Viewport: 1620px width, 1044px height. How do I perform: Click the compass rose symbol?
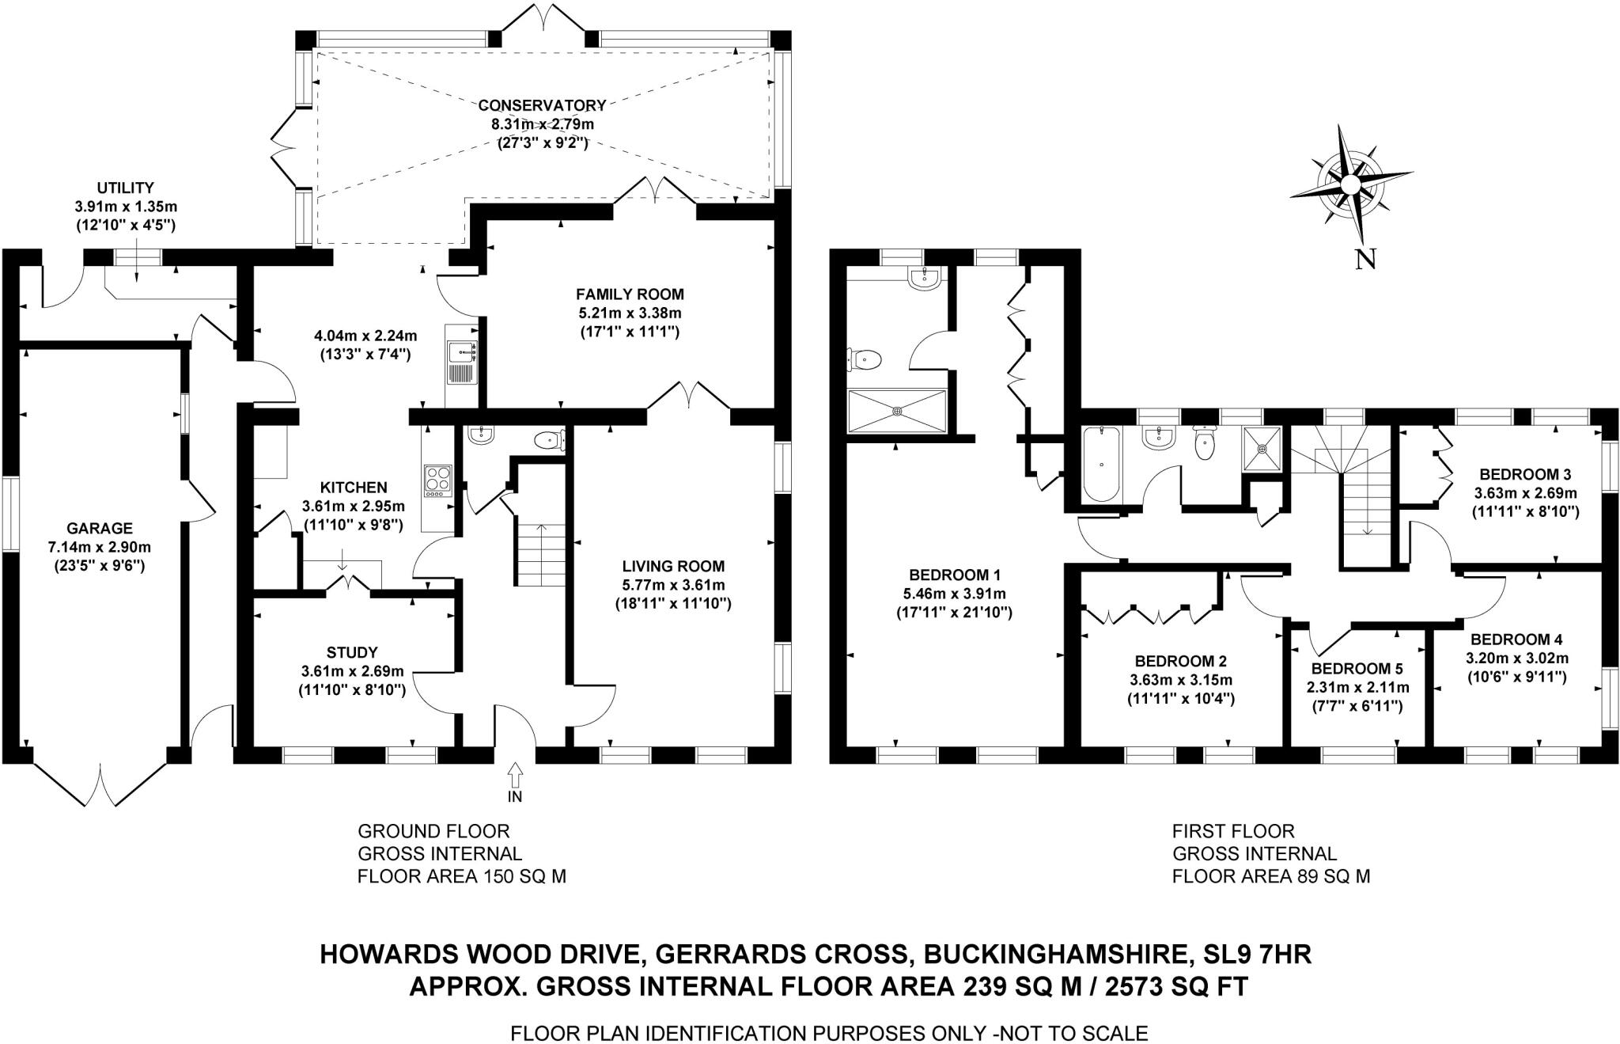point(1349,184)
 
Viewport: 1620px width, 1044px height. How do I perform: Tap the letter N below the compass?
point(1365,260)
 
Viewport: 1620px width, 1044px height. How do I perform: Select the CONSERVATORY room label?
point(542,105)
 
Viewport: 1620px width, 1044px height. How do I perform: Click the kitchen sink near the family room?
point(460,362)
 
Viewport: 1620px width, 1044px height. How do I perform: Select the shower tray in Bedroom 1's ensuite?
point(896,411)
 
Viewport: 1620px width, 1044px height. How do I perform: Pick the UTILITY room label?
point(125,188)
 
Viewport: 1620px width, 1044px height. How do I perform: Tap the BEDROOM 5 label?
point(1357,668)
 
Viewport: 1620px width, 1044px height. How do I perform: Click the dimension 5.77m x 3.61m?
point(672,585)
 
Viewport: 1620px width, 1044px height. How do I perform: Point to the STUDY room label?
point(352,652)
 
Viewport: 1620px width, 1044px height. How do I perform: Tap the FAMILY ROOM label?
point(630,294)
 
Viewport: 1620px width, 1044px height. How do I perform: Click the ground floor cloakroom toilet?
point(547,439)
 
